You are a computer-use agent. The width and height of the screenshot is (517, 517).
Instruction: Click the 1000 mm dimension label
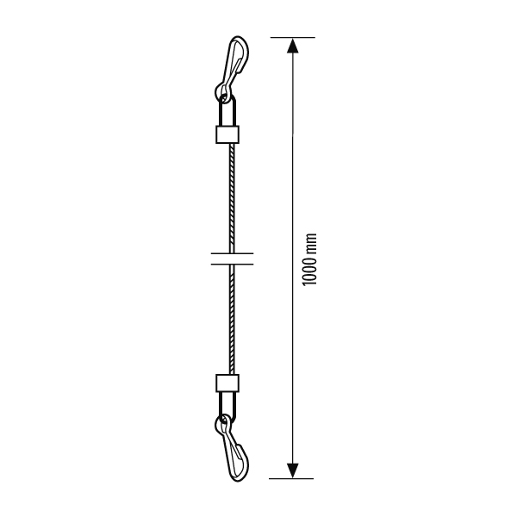point(309,260)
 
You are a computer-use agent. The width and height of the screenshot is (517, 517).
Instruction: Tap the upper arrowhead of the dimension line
point(293,46)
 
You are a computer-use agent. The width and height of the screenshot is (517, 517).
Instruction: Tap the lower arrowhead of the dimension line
point(293,470)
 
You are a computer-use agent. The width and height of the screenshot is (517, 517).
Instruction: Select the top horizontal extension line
point(293,38)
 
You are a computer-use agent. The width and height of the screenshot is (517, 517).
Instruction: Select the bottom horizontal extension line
point(291,478)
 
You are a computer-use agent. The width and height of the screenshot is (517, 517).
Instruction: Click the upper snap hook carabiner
point(232,66)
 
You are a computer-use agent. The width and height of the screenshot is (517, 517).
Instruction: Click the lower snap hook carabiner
point(231,449)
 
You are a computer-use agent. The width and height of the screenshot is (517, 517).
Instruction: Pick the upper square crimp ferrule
point(227,134)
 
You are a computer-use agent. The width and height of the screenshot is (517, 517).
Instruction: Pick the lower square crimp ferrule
point(227,383)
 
